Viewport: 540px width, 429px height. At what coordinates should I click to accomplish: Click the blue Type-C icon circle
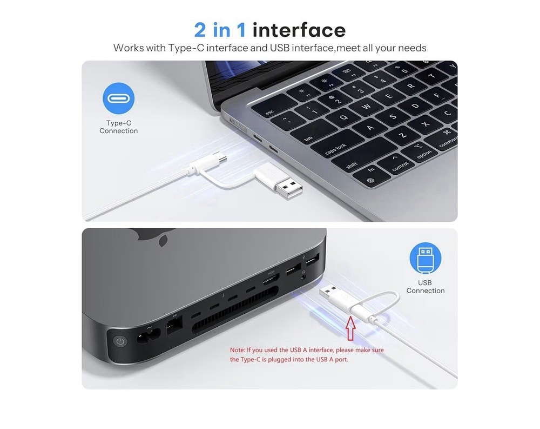(118, 98)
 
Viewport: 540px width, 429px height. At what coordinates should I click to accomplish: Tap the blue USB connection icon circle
(425, 258)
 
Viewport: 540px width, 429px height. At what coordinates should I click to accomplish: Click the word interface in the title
(299, 30)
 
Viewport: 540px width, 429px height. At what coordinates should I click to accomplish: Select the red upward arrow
(350, 329)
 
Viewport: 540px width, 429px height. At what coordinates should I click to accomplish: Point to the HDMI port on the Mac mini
(271, 280)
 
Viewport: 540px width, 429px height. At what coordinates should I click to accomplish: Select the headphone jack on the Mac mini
(303, 277)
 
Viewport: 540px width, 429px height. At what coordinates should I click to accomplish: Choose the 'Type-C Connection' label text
(118, 127)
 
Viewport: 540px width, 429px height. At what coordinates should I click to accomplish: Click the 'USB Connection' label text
(426, 287)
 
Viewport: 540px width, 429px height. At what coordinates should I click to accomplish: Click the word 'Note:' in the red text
(238, 350)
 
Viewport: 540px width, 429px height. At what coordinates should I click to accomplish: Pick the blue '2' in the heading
(200, 30)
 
